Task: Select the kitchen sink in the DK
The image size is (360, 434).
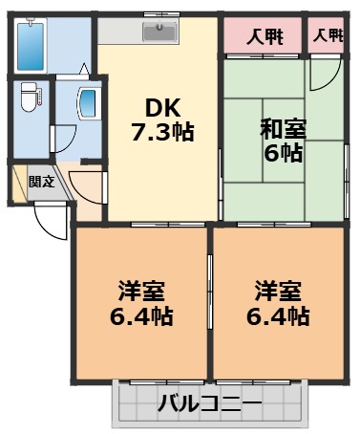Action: coord(159,32)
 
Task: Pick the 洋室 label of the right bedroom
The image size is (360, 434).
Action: coord(277,289)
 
